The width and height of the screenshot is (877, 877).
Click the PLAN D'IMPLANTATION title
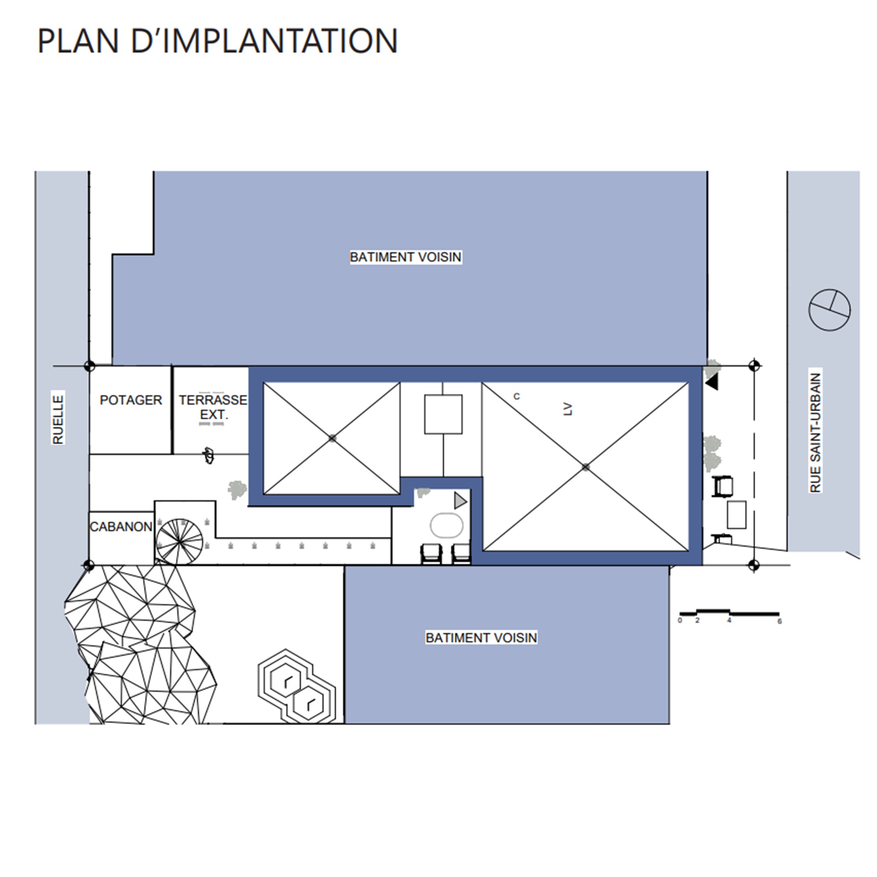217,41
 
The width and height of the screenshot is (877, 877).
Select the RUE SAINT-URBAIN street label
815,432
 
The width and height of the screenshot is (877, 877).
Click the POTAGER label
131,400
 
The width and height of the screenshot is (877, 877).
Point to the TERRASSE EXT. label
213,407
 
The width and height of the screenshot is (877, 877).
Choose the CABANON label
121,527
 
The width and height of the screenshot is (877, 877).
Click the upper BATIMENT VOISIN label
406,257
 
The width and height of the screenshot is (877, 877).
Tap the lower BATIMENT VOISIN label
481,638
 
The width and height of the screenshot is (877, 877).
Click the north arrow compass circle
829,310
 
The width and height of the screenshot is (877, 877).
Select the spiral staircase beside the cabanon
179,542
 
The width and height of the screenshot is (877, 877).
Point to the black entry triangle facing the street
712,381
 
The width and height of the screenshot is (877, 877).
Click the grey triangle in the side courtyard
460,501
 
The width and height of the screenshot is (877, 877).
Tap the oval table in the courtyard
446,526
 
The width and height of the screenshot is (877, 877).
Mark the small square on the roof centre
443,414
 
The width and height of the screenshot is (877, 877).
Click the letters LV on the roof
568,409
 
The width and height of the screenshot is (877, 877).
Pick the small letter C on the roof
517,396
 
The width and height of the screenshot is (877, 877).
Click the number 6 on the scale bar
780,621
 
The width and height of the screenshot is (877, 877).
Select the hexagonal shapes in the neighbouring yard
297,686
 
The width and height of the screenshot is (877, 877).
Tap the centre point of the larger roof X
586,467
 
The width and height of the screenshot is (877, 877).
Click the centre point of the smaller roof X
332,438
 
